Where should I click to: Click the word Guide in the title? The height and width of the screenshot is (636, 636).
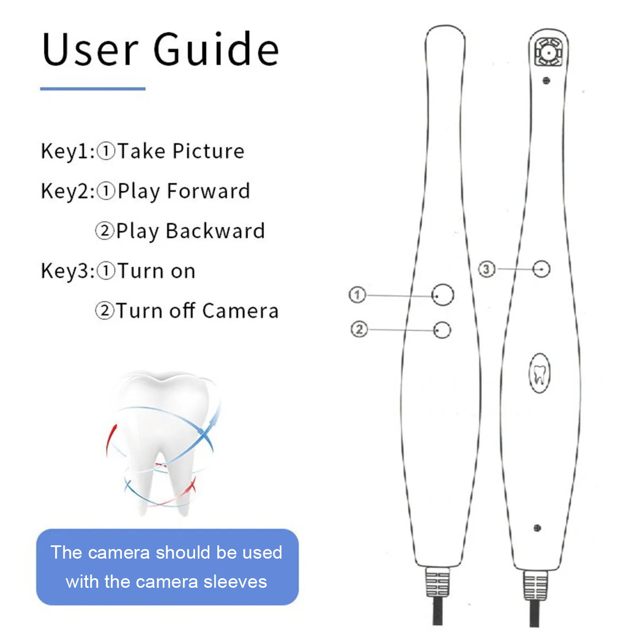pyautogui.click(x=216, y=49)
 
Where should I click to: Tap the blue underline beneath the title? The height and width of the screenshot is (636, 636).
pyautogui.click(x=93, y=89)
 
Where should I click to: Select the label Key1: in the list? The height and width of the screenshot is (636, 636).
pyautogui.click(x=68, y=152)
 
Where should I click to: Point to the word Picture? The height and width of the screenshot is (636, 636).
pyautogui.click(x=208, y=152)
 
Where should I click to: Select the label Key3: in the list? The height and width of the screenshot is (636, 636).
pyautogui.click(x=68, y=271)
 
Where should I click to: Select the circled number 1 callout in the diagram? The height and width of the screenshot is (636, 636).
pyautogui.click(x=357, y=295)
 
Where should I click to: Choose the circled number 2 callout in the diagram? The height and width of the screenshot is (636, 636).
pyautogui.click(x=359, y=329)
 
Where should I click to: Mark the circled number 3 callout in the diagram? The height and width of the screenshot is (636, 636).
pyautogui.click(x=487, y=269)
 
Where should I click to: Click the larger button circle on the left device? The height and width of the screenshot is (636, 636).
pyautogui.click(x=443, y=295)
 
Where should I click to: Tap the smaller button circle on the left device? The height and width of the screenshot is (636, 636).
pyautogui.click(x=442, y=330)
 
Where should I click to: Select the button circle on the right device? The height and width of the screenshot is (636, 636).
pyautogui.click(x=541, y=269)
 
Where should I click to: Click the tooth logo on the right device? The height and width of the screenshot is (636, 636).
pyautogui.click(x=539, y=373)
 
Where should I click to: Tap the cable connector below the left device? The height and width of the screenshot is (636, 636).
pyautogui.click(x=437, y=584)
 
